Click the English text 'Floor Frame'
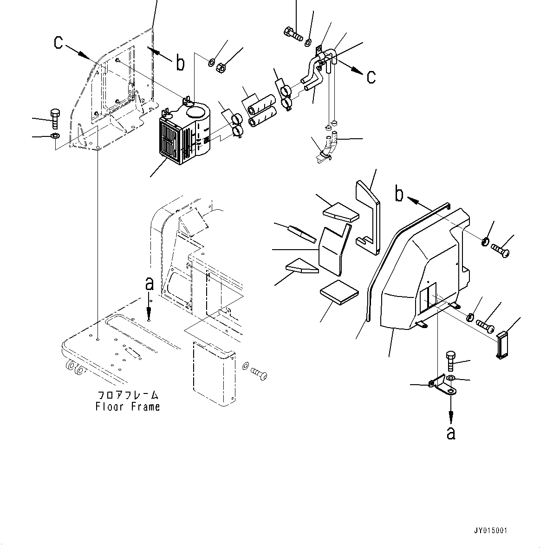128,407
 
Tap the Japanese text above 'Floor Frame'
128,395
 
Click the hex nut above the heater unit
222,67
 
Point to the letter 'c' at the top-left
58,42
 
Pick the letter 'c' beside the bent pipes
371,77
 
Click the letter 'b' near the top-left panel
180,63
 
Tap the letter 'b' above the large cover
399,194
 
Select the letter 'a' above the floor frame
149,283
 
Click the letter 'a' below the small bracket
450,432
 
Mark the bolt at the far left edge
54,118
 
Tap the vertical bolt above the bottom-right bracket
451,360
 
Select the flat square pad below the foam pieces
339,294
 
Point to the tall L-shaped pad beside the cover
368,213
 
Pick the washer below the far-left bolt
54,136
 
